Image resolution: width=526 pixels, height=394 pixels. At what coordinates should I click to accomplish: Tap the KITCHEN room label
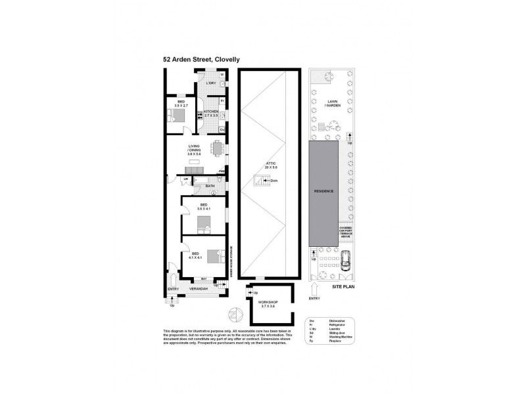(211, 112)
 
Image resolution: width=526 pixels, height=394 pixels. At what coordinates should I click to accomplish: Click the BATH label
(210, 186)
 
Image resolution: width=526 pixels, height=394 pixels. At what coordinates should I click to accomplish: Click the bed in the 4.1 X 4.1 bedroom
(214, 255)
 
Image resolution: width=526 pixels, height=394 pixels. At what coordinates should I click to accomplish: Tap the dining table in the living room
(216, 148)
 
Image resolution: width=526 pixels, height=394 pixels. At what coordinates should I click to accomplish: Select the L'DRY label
(211, 83)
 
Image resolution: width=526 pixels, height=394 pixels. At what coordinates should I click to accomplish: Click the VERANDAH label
(199, 288)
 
